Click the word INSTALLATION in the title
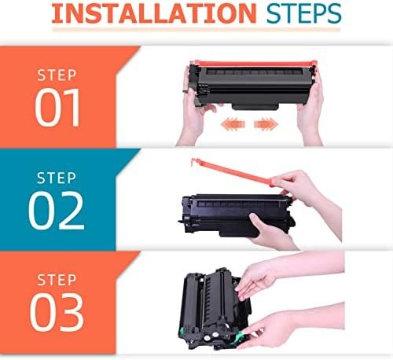tap(154, 13)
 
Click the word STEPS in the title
tap(304, 13)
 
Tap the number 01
tap(57, 108)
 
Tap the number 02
tap(57, 211)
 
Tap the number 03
tap(57, 312)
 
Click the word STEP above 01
tap(57, 75)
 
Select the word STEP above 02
tap(57, 178)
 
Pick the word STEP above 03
tap(57, 280)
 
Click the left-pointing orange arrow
tap(233, 123)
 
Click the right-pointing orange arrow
tap(266, 123)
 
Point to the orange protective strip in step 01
tap(253, 64)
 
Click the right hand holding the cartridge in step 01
tap(310, 110)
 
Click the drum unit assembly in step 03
tap(215, 309)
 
